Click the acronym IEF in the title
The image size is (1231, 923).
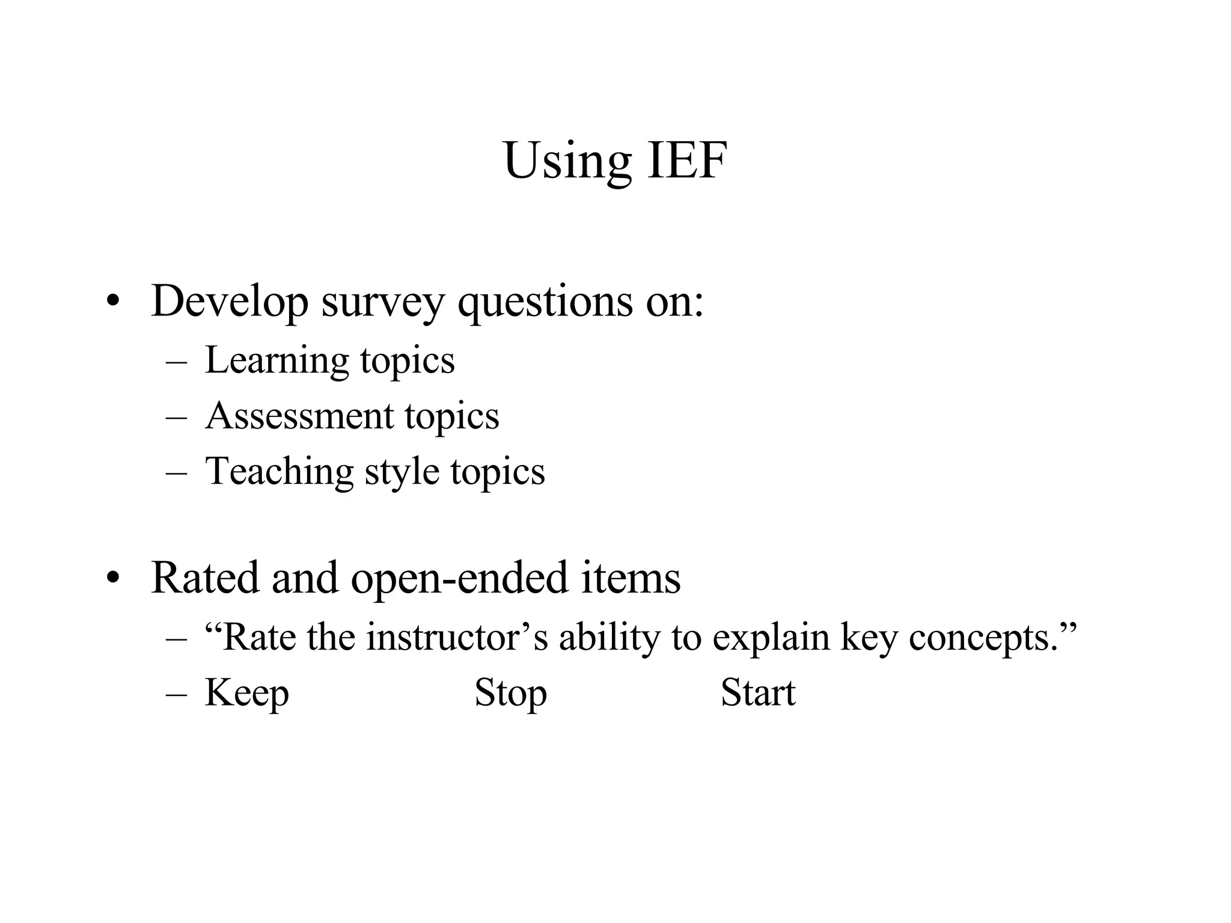tap(687, 160)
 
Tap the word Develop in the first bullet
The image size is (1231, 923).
tap(230, 302)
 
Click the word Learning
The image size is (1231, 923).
tap(276, 361)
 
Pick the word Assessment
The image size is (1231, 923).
tap(299, 416)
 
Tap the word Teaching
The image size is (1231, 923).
tap(279, 472)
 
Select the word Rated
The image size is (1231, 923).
tap(205, 578)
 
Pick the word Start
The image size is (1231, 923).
tap(758, 693)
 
